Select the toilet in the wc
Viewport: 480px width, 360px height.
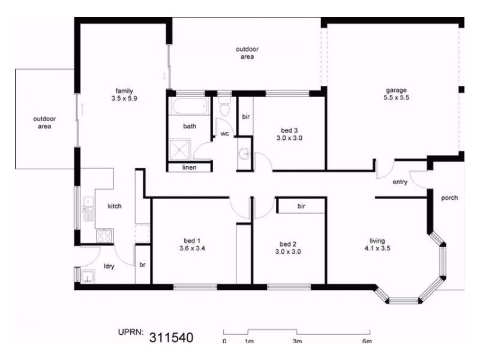tap(225, 109)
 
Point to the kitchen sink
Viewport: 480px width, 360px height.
tap(88, 206)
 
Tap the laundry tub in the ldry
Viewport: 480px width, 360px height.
tap(88, 277)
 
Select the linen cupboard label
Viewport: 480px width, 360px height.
tap(190, 167)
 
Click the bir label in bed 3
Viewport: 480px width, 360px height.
tap(245, 116)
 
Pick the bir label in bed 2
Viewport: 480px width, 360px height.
tap(302, 206)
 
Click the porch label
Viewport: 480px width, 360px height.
tap(449, 197)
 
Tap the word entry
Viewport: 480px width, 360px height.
tap(400, 182)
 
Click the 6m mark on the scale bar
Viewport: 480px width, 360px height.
tap(367, 341)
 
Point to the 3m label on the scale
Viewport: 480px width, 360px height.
tap(297, 341)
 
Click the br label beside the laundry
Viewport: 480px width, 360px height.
tap(143, 264)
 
